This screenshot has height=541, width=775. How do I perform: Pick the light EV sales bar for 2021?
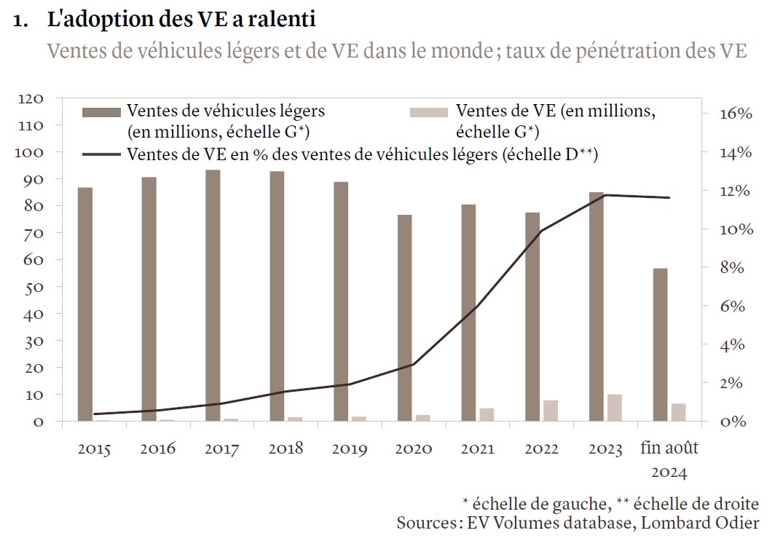tap(487, 414)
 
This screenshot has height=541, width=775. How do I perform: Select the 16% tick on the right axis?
tap(735, 114)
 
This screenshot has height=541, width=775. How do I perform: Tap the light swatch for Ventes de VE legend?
tap(430, 111)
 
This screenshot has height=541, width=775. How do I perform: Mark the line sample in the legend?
tap(101, 154)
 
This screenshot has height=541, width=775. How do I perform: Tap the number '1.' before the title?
tap(22, 21)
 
